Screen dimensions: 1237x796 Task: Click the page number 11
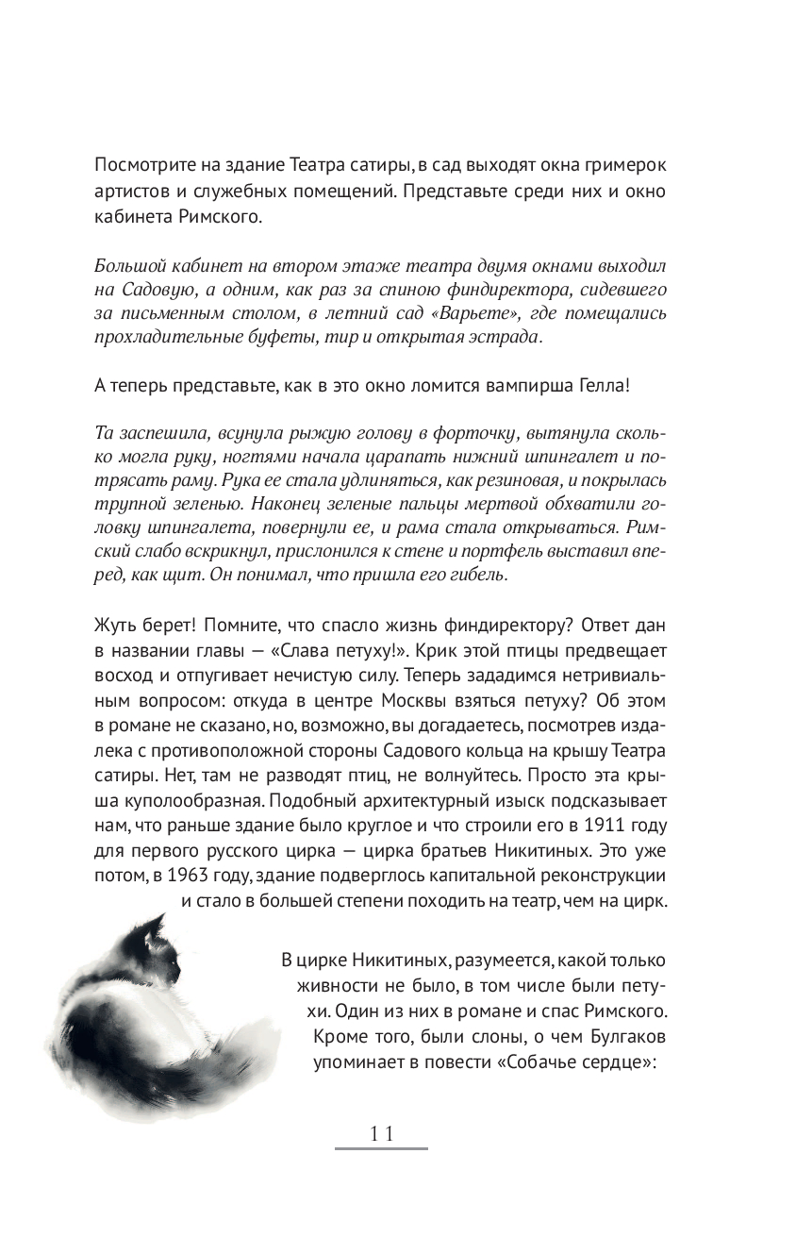coord(381,1134)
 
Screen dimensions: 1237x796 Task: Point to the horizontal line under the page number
coord(381,1148)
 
